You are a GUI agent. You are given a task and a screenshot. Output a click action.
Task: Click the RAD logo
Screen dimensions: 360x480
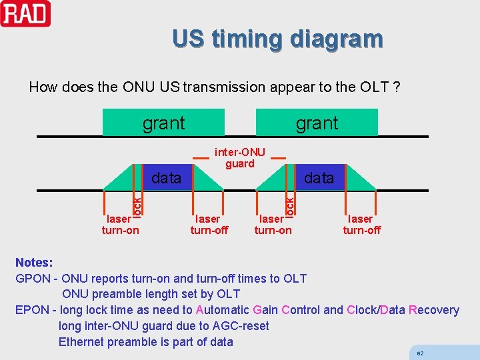click(x=25, y=13)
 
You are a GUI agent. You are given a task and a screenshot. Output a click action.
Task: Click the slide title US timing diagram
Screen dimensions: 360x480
click(x=277, y=39)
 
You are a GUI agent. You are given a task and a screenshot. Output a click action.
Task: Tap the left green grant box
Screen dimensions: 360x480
click(x=163, y=123)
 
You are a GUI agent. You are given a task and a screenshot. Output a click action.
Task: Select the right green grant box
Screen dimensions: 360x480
click(x=317, y=123)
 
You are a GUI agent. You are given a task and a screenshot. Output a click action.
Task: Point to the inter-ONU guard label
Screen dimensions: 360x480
click(x=240, y=158)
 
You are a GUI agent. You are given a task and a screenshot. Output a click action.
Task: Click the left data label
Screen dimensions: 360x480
click(x=166, y=178)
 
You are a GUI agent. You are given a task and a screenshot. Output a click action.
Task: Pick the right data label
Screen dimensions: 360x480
click(x=319, y=178)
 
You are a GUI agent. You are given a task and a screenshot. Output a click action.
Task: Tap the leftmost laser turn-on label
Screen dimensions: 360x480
click(x=120, y=224)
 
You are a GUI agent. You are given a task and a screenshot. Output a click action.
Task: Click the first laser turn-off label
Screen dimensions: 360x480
click(x=209, y=224)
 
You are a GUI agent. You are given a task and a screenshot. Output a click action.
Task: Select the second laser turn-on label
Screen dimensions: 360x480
click(x=273, y=224)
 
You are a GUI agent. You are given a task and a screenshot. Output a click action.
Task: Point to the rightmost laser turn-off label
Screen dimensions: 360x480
click(x=361, y=224)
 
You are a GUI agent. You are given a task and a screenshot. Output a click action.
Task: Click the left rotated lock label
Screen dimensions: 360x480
click(x=137, y=204)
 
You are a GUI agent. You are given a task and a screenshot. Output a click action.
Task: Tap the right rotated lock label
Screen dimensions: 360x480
click(x=289, y=204)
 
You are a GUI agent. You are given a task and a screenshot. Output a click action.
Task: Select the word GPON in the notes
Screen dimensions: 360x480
click(x=32, y=279)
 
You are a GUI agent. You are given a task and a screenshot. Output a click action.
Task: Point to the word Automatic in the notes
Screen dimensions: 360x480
click(x=223, y=310)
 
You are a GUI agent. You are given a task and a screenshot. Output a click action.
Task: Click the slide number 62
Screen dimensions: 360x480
click(x=420, y=353)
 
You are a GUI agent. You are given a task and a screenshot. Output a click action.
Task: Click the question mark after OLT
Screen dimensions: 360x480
click(x=397, y=87)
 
